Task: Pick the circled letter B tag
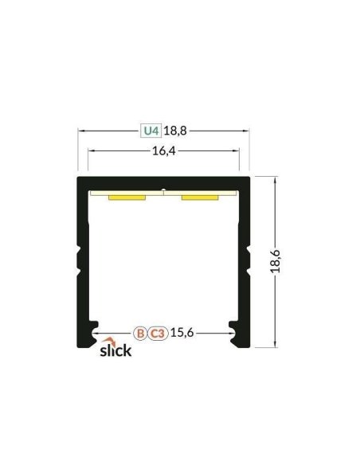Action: (x=139, y=333)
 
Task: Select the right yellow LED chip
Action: (x=199, y=197)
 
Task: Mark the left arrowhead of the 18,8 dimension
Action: (x=80, y=129)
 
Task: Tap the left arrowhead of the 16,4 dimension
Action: (x=90, y=150)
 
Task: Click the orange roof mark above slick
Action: (x=107, y=340)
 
